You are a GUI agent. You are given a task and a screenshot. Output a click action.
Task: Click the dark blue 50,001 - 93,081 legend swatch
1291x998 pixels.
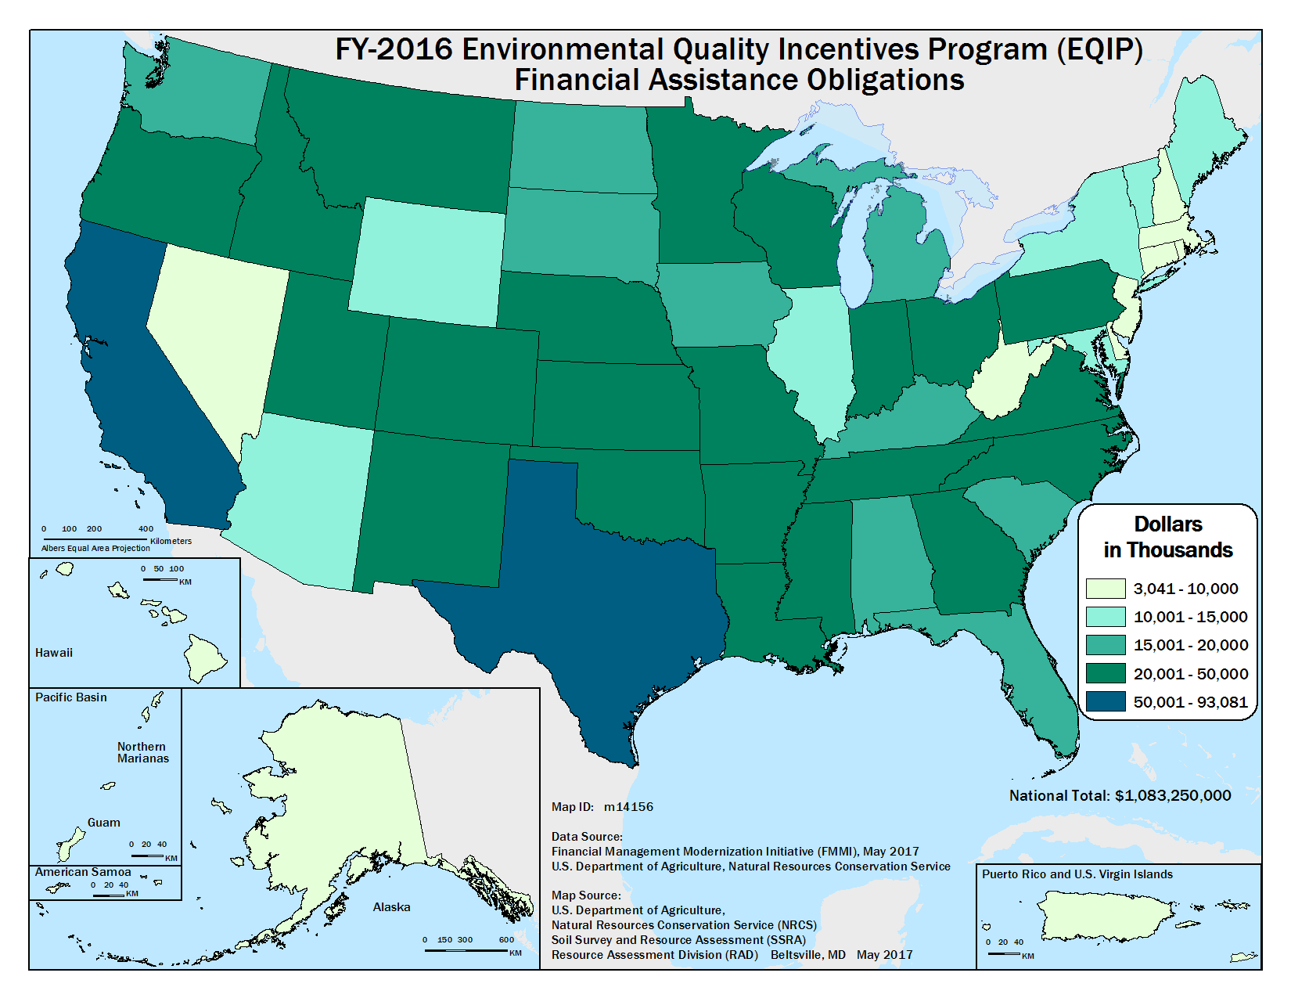tap(1105, 702)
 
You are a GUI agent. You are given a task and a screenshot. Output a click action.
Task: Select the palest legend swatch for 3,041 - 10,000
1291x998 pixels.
tap(1105, 589)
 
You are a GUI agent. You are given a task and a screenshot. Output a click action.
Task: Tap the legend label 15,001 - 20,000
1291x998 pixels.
tap(1190, 646)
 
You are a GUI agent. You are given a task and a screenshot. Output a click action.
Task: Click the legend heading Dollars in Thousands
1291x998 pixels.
tap(1167, 537)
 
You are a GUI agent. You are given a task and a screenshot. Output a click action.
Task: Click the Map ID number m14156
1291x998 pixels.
tap(628, 807)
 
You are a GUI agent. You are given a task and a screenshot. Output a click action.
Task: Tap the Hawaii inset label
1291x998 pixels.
tap(54, 653)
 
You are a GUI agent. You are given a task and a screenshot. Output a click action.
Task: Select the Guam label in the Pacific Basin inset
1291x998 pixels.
tap(104, 823)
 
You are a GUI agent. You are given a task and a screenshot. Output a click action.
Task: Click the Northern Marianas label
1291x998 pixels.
tap(142, 752)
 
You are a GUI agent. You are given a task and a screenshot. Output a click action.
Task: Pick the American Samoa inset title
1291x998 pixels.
tap(83, 872)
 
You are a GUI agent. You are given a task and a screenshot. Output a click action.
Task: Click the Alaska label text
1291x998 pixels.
tap(391, 907)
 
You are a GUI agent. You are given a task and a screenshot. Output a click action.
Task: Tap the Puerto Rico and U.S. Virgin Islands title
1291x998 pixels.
tap(1077, 874)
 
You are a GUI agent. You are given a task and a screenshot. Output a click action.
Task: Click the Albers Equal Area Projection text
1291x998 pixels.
tap(95, 549)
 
